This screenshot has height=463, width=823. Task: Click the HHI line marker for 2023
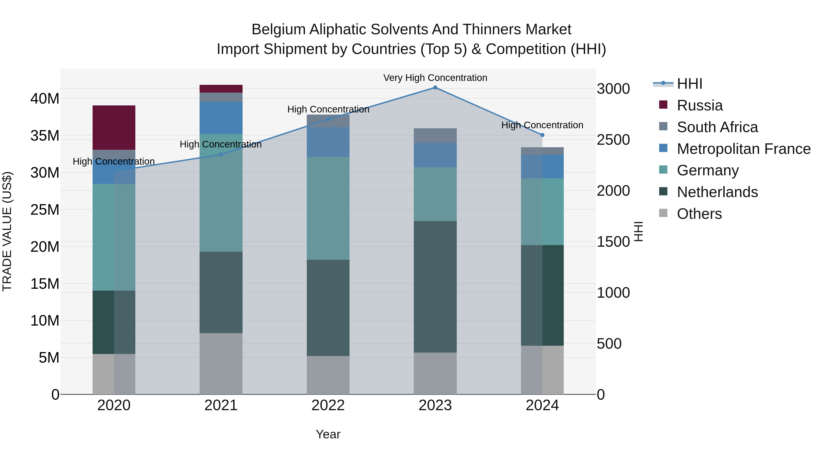(435, 88)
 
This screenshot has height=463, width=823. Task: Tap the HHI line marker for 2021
(221, 155)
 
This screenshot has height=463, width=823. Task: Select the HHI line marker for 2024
(542, 135)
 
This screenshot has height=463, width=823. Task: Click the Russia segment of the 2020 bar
(114, 128)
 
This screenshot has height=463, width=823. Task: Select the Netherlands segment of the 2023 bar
(435, 287)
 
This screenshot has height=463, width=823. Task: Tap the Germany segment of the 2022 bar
(328, 208)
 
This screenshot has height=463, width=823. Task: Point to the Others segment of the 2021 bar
(221, 364)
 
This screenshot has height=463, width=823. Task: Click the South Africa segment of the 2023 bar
(435, 136)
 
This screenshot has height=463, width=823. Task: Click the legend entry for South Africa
(717, 127)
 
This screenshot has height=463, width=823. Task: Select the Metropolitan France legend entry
(743, 149)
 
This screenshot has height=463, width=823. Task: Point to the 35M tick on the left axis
(45, 136)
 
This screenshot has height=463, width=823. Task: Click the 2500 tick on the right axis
(613, 140)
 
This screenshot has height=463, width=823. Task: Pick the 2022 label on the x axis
(328, 405)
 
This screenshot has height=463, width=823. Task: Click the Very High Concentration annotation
(435, 78)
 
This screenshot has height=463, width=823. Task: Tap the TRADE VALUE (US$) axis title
(7, 231)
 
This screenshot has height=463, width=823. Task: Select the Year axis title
(328, 434)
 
